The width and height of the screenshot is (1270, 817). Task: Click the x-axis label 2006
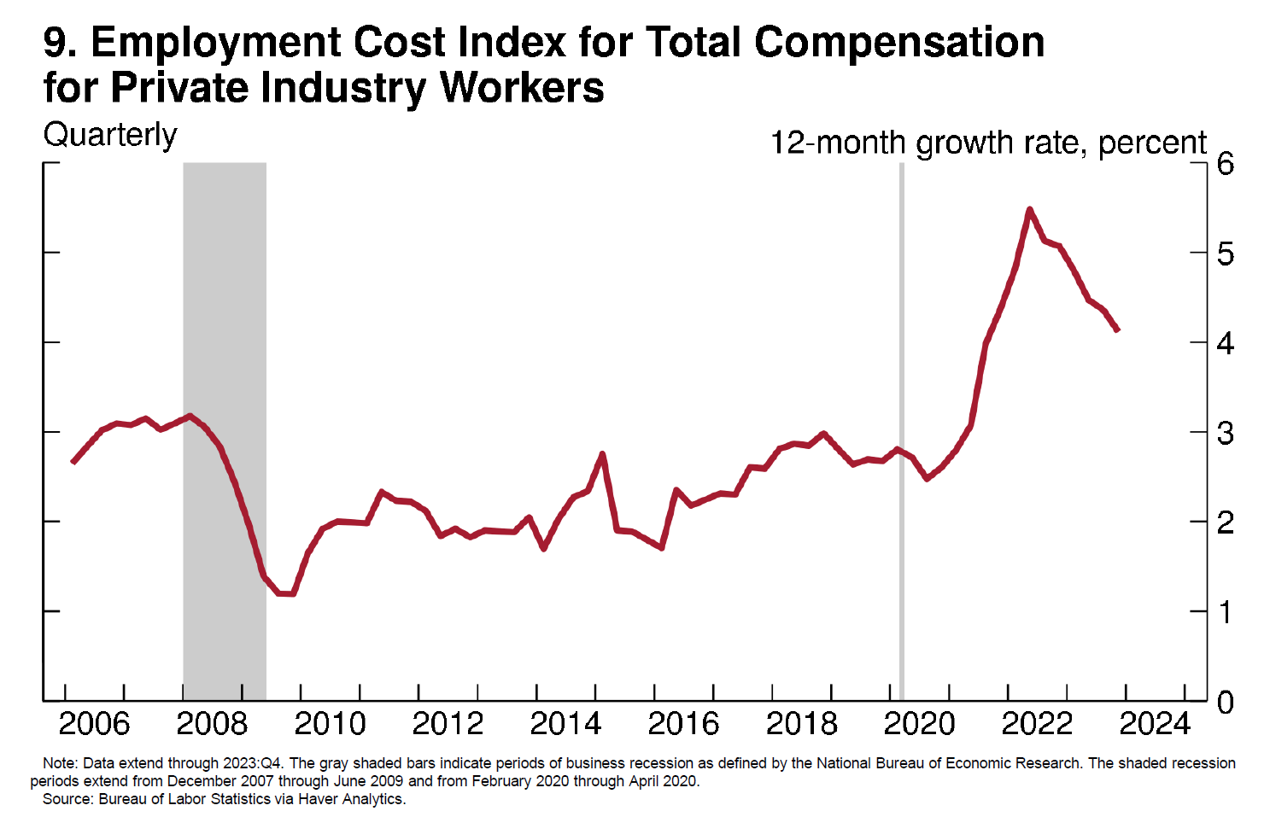(94, 724)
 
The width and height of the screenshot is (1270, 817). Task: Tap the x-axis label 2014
(565, 724)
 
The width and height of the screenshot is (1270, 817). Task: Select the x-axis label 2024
(1155, 724)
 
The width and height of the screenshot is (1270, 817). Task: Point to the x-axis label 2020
(919, 724)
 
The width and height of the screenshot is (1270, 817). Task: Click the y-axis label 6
(1226, 163)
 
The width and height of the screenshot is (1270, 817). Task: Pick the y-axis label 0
(1226, 703)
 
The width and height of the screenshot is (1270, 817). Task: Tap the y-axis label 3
(1226, 433)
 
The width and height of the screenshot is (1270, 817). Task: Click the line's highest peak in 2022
(1030, 209)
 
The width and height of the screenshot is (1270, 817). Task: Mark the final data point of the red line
(1117, 330)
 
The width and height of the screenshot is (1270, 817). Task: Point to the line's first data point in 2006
(73, 462)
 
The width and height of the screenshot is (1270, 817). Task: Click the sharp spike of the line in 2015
(603, 454)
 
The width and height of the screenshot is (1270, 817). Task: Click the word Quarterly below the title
(110, 135)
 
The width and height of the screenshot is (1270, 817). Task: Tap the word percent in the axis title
(1152, 143)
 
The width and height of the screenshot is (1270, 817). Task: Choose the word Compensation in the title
(899, 42)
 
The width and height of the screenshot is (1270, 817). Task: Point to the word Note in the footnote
(58, 763)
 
